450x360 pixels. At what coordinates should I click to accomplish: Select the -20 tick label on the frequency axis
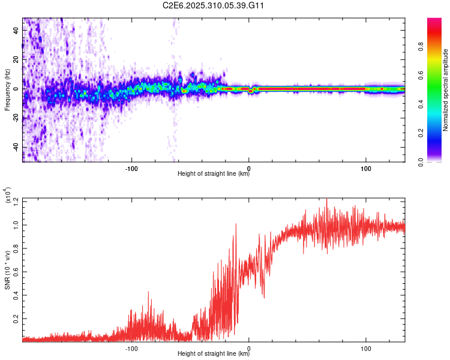click(14, 118)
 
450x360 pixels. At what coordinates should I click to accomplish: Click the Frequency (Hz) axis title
click(7, 90)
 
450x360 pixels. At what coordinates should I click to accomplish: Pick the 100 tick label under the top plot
click(365, 169)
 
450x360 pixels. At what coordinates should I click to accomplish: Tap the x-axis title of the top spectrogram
click(214, 175)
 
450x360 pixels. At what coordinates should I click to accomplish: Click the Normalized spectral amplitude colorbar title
click(446, 90)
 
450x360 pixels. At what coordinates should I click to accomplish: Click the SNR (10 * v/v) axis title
click(7, 270)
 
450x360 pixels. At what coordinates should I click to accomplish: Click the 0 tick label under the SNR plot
click(249, 349)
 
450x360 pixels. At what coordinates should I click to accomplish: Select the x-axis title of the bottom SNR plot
click(214, 355)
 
